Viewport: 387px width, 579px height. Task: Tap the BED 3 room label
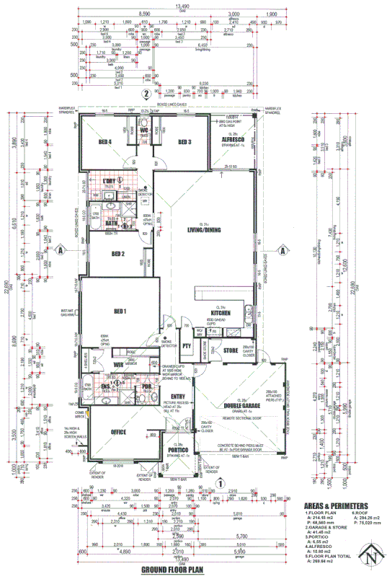click(184, 142)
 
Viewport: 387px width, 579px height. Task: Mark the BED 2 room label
click(119, 254)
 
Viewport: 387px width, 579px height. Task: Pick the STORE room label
click(231, 351)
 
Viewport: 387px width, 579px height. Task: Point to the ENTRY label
click(179, 396)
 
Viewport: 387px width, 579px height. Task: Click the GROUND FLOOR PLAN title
click(172, 570)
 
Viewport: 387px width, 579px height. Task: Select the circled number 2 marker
click(146, 93)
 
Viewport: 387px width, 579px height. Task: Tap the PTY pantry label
click(187, 346)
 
